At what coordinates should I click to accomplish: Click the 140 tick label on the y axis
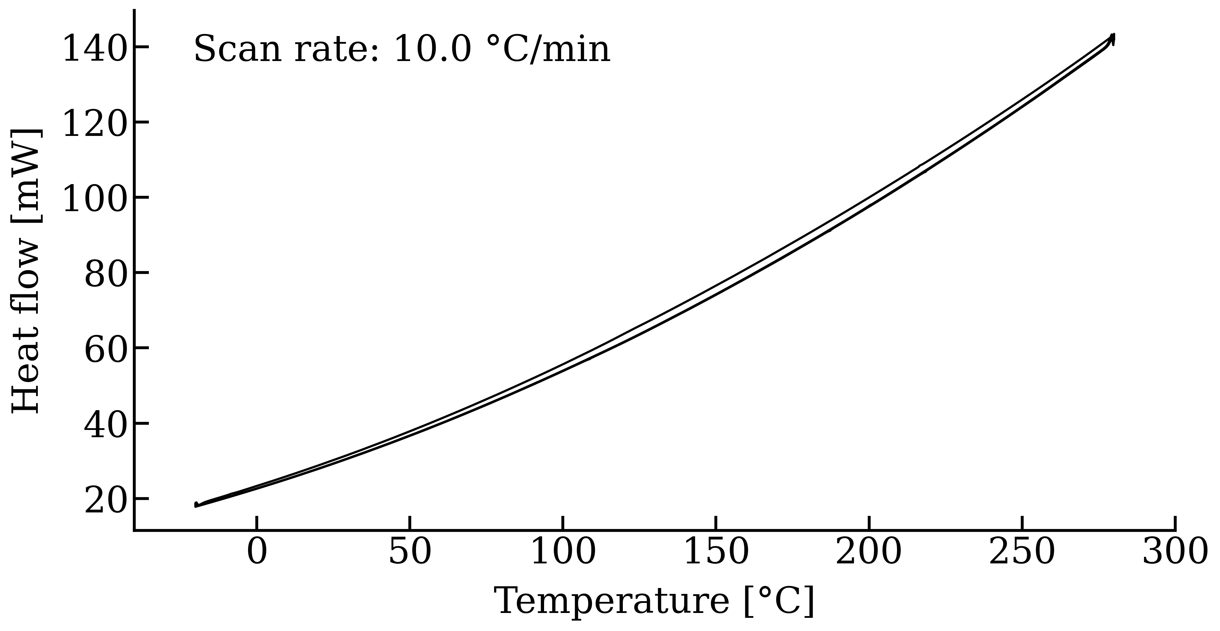pyautogui.click(x=95, y=48)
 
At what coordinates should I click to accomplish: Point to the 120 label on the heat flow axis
pyautogui.click(x=95, y=123)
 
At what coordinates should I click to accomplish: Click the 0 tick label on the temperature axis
pyautogui.click(x=257, y=552)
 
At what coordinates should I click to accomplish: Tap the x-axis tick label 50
pyautogui.click(x=410, y=552)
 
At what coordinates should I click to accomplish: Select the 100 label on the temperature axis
pyautogui.click(x=563, y=552)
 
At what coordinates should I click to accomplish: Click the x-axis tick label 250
pyautogui.click(x=1022, y=552)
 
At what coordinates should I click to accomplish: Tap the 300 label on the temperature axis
pyautogui.click(x=1175, y=552)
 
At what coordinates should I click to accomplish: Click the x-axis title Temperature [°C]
pyautogui.click(x=654, y=601)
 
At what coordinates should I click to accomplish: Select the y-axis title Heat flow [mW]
pyautogui.click(x=27, y=271)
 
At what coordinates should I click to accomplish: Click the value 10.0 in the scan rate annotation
pyautogui.click(x=432, y=49)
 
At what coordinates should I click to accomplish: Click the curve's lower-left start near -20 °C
pyautogui.click(x=196, y=505)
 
